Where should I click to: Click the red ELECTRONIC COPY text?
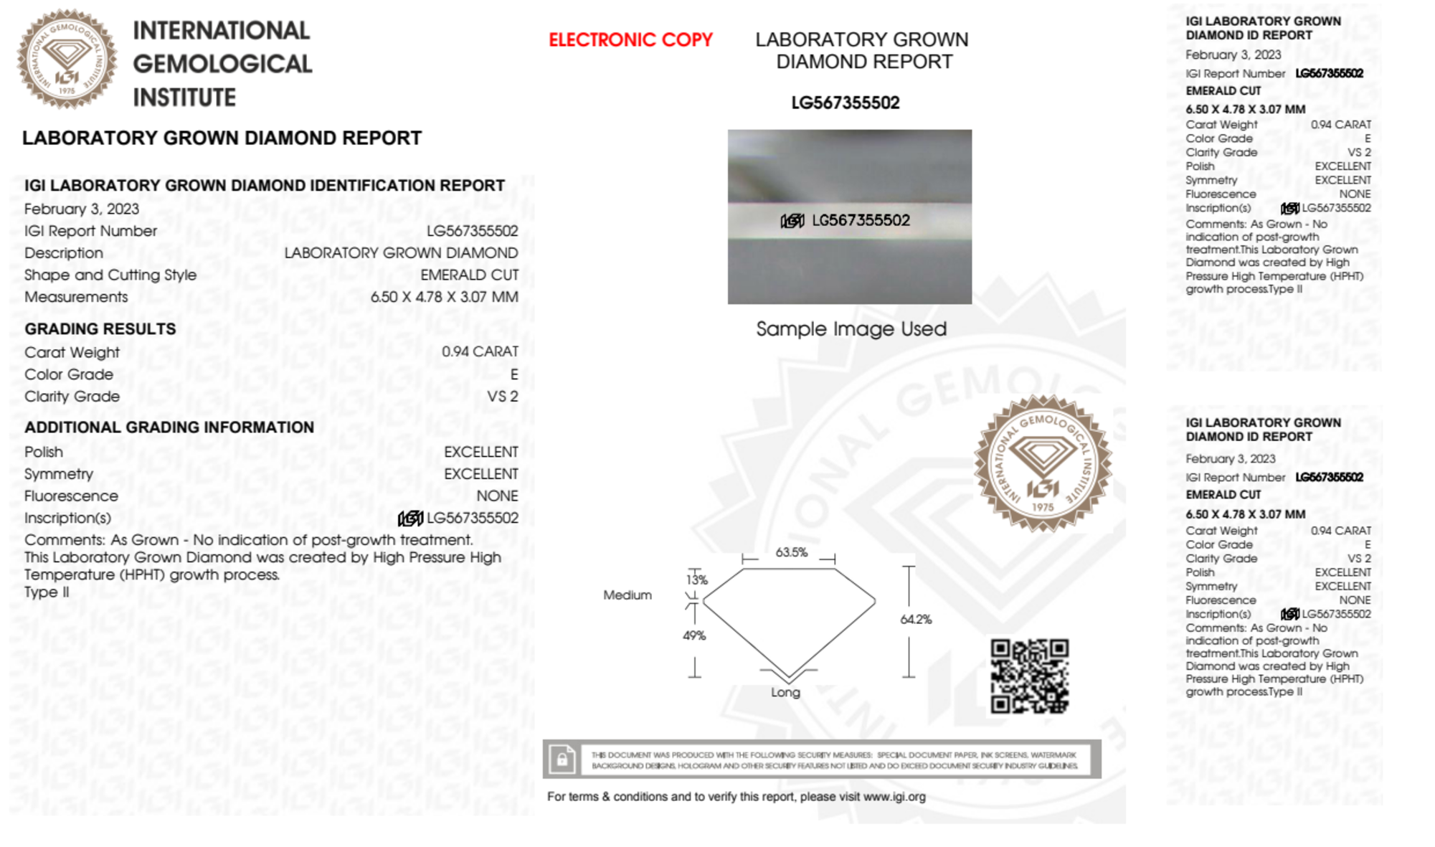630,40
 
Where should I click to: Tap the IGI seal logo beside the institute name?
67,59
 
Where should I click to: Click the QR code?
1029,676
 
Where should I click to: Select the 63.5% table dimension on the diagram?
791,552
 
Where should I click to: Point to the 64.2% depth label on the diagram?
916,620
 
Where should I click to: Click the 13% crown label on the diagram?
696,579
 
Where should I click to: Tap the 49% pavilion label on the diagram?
694,635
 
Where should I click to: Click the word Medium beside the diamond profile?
627,595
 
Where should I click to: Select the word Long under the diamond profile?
785,692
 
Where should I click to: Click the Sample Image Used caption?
851,329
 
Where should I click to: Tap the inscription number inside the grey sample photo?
860,220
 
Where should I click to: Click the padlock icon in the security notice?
562,759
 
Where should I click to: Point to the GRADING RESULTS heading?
100,329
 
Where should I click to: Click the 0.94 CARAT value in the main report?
479,351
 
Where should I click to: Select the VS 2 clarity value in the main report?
502,397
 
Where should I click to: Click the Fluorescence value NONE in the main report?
497,496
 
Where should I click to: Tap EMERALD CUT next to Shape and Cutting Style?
469,275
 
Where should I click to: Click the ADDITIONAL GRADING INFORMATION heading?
169,427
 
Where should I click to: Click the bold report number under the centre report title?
845,103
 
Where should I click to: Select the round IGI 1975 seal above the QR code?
1043,463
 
